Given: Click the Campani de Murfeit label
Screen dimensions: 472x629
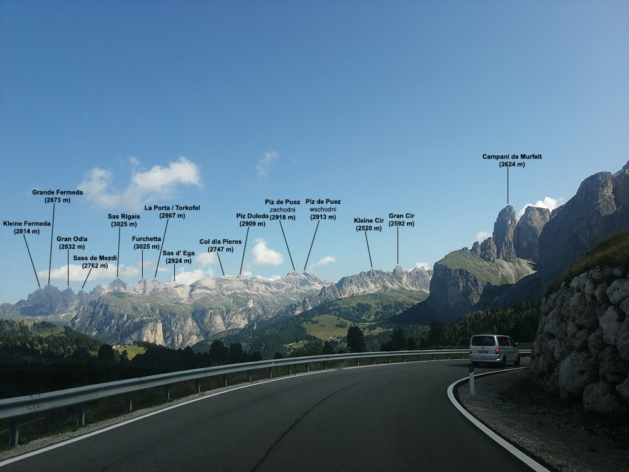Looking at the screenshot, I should click(x=512, y=157).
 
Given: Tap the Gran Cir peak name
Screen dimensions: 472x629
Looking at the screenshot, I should click(x=401, y=216).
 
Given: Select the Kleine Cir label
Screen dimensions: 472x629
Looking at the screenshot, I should click(x=369, y=221).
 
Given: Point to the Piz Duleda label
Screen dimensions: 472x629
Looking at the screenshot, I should click(x=252, y=216).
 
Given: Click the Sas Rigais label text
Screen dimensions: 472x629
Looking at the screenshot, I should click(x=124, y=216).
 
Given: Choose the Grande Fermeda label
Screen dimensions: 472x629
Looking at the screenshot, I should click(x=57, y=193).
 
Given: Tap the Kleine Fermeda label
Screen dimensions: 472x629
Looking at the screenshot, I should click(x=26, y=223).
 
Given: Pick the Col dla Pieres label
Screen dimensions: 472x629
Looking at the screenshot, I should click(x=220, y=242).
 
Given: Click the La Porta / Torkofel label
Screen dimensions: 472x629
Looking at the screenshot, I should click(x=172, y=208).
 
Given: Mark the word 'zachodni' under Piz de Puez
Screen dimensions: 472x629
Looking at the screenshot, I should click(x=282, y=210).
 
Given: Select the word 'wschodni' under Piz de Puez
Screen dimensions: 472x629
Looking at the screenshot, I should click(x=323, y=210).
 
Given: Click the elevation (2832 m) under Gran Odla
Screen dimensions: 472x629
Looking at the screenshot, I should click(x=72, y=247).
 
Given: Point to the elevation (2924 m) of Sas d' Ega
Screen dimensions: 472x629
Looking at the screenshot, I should click(x=179, y=261).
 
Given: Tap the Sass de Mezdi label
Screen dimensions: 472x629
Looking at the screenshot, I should click(x=95, y=258).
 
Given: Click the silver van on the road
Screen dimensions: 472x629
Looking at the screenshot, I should click(x=494, y=350).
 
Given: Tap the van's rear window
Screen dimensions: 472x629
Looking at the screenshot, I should click(x=484, y=341).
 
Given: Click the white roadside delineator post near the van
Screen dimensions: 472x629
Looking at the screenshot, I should click(x=471, y=379).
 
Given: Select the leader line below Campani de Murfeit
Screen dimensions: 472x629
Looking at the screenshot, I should click(x=508, y=186).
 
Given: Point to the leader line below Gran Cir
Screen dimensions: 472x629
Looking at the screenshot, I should click(x=398, y=245).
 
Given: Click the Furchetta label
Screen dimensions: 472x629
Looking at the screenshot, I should click(x=147, y=239).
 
